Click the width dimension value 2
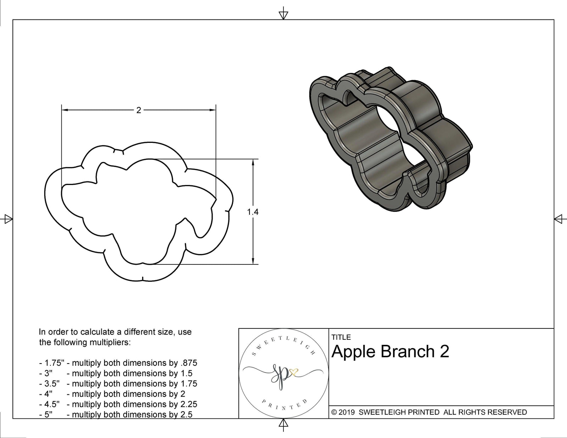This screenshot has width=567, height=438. coord(139,110)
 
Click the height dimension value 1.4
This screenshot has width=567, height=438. coord(253,212)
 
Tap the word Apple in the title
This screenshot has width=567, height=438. coord(353,352)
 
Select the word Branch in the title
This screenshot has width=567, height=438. coord(408,352)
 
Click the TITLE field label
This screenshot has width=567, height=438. coord(341,337)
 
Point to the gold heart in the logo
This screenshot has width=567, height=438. coord(294,372)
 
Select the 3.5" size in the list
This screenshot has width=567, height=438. coord(52,383)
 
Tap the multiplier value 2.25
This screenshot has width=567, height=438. coord(188,404)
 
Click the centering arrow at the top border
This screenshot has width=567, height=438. coord(283,15)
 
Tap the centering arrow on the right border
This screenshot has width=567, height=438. coord(559,219)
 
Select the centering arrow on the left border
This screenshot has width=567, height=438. coord(7,219)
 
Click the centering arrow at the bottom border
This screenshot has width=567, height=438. coord(283,423)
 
